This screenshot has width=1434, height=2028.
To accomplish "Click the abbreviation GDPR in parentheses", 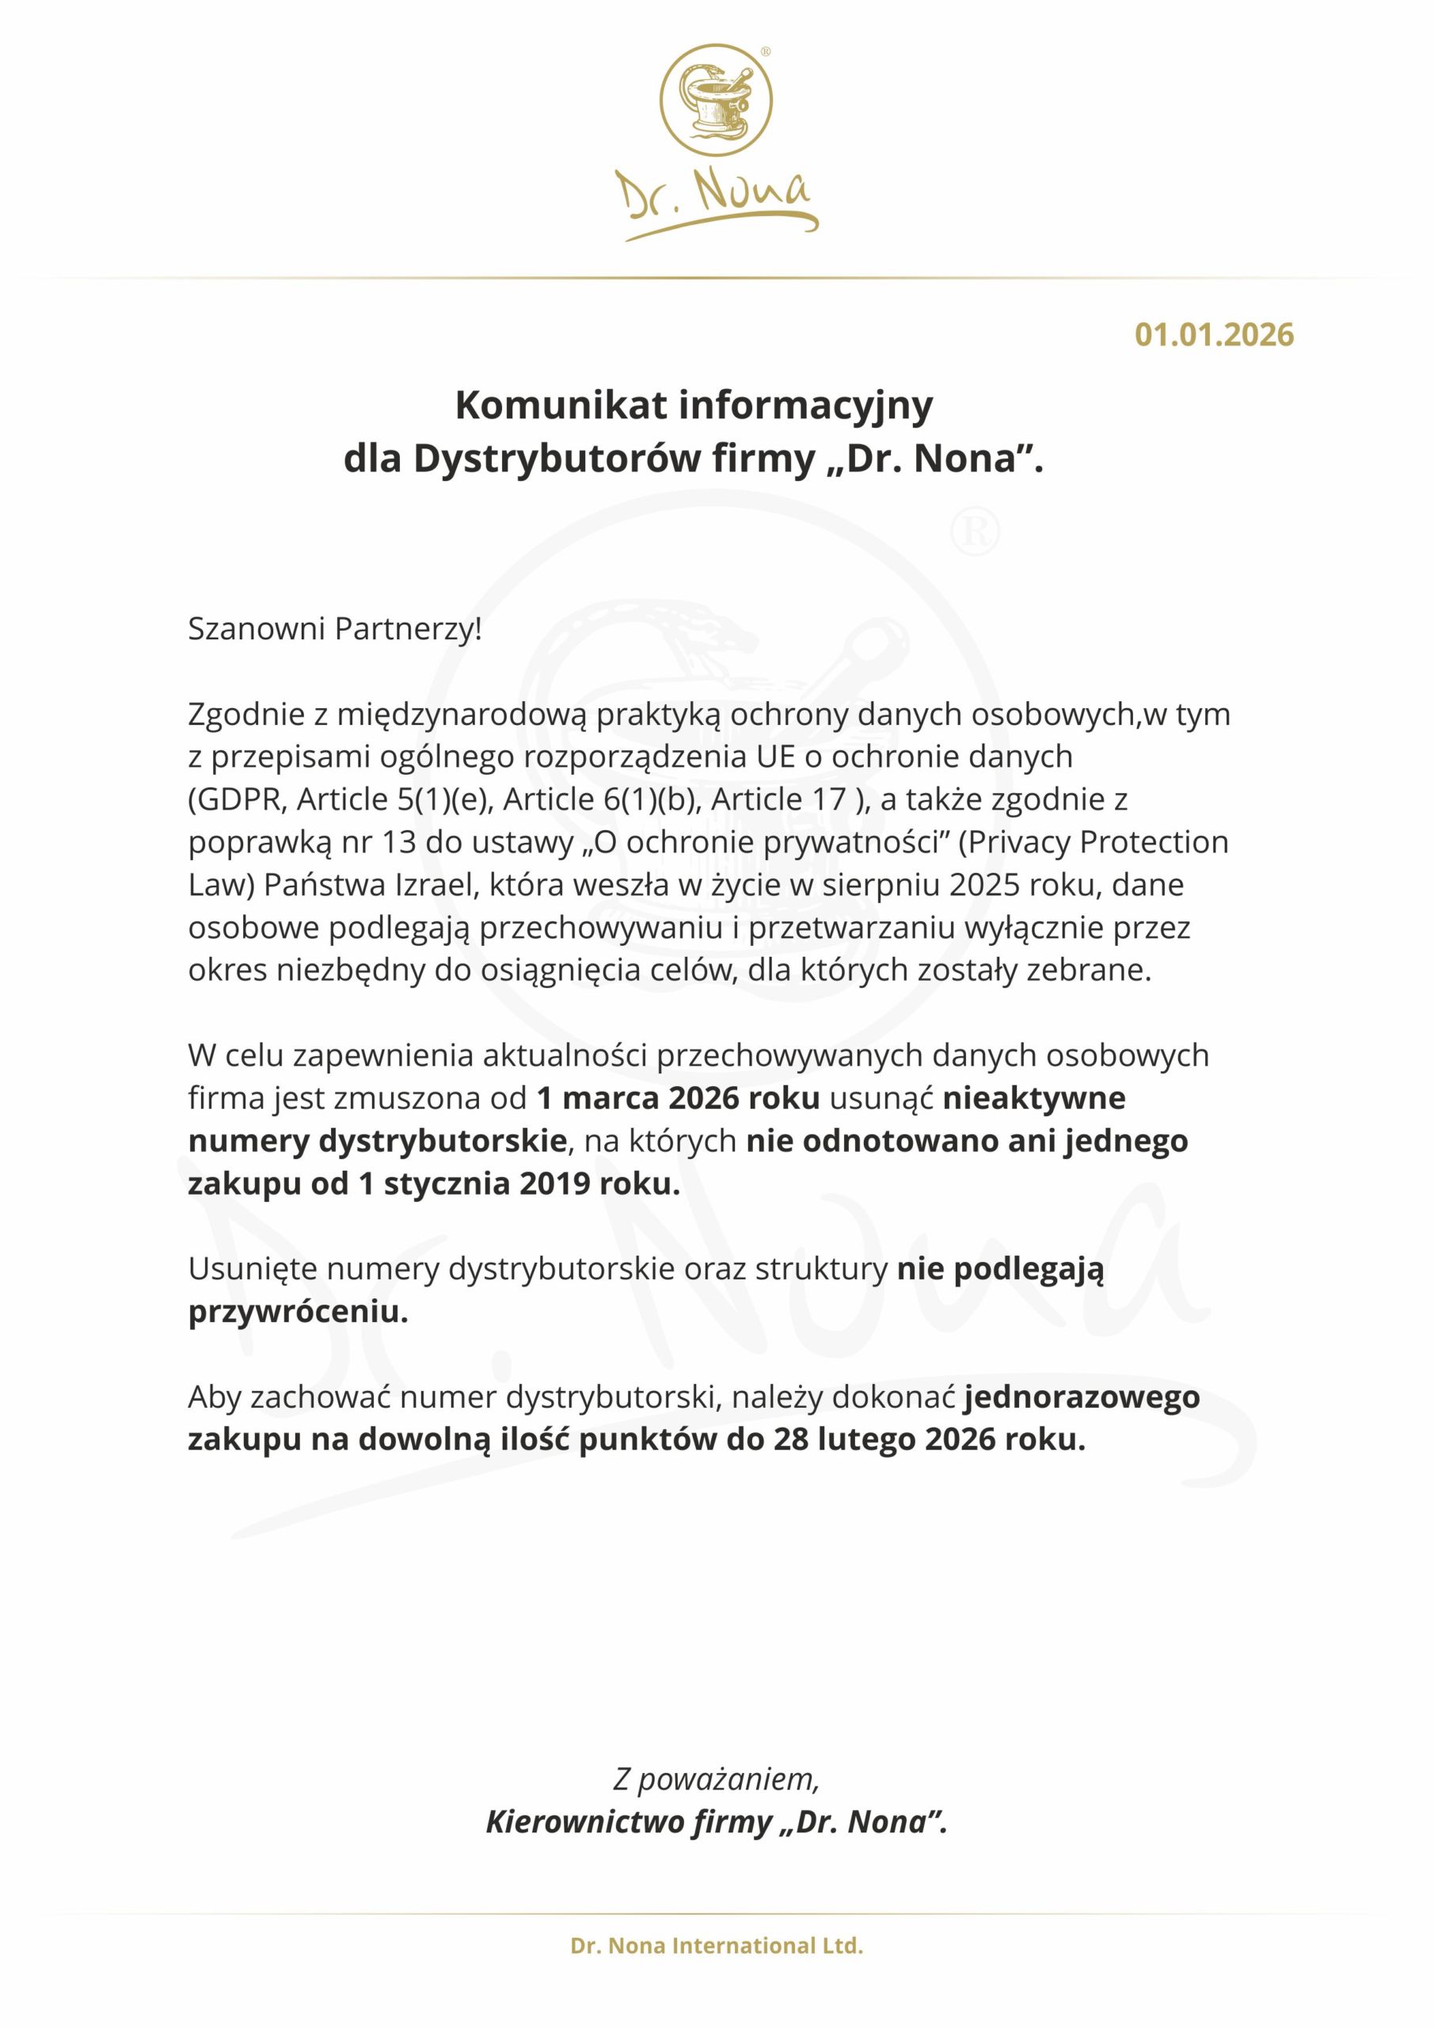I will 238,799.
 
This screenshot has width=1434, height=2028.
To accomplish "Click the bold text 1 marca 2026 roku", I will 678,1099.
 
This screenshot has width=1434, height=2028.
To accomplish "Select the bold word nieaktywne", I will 1034,1099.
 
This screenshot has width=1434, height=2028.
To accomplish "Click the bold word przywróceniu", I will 298,1313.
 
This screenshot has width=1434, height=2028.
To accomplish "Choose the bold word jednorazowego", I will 1082,1397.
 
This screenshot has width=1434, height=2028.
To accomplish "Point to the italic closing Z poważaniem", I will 716,1780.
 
